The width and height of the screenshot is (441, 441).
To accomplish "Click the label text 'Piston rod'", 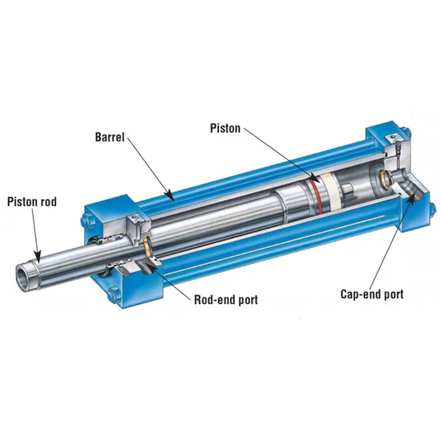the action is pos(32,202).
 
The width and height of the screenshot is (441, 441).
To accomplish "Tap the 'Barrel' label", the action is pos(110,137).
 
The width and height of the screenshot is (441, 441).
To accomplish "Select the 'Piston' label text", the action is pos(225,128).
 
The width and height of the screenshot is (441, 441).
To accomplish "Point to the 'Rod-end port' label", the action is pos(226,300).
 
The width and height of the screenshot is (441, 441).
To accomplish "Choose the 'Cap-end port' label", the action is pos(372,294).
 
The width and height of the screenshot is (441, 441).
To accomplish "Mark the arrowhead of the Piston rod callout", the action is pos(38,257).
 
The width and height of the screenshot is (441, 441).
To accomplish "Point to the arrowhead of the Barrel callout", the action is pos(169,195).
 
